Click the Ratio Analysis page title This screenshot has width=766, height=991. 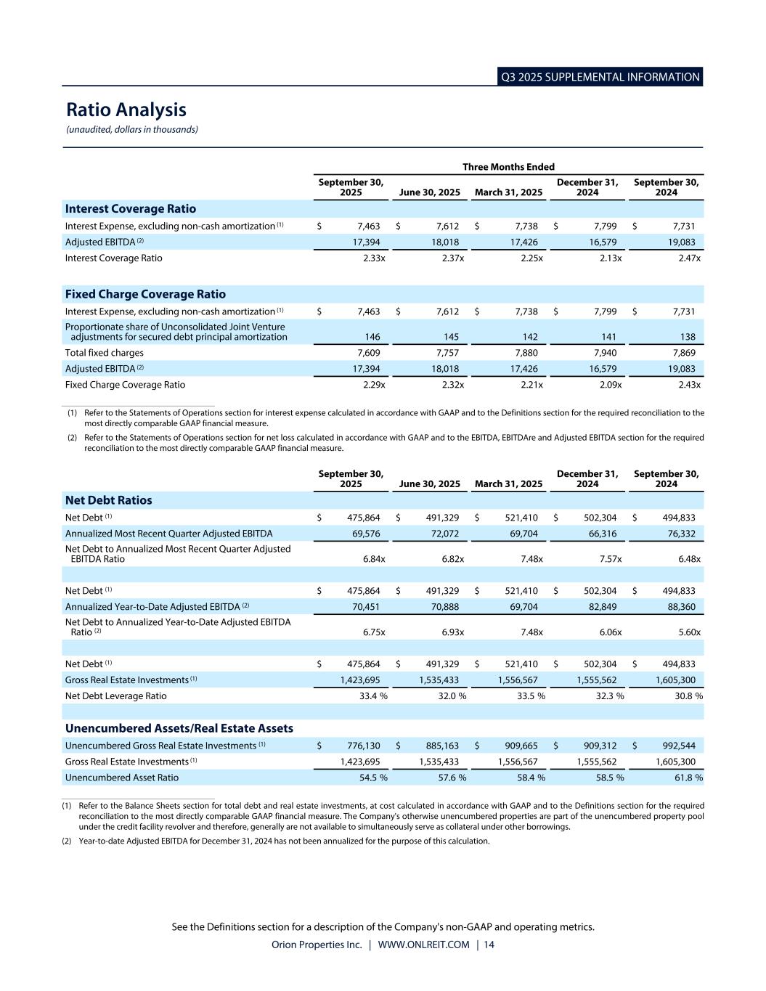(126, 110)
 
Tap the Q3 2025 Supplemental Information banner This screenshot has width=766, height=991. (600, 77)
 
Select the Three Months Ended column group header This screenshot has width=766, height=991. (508, 167)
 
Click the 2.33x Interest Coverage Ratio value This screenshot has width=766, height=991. (374, 258)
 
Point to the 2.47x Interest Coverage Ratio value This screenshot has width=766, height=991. (689, 258)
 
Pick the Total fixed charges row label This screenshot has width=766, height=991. (105, 353)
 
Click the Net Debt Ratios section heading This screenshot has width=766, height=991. (109, 500)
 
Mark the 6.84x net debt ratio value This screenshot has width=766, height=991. (374, 559)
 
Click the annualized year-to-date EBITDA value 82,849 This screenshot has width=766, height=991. (602, 607)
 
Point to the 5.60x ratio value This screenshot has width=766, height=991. (689, 632)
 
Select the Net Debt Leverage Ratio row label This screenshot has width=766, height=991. (116, 696)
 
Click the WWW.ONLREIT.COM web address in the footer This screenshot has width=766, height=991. (423, 945)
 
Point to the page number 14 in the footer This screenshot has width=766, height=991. (489, 945)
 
